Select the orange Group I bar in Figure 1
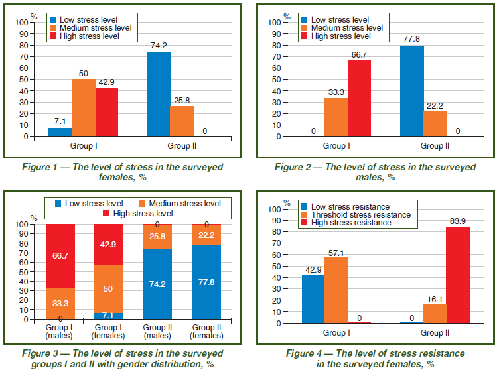click(83, 107)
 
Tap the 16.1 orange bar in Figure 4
click(435, 313)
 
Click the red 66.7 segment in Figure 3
click(60, 255)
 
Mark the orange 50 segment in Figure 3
click(107, 288)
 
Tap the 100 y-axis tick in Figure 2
click(274, 23)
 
